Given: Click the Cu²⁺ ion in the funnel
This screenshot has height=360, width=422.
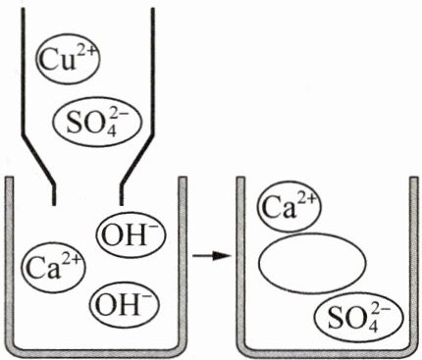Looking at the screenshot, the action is (68, 61).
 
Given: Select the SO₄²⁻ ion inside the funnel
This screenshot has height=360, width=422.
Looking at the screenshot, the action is (97, 123).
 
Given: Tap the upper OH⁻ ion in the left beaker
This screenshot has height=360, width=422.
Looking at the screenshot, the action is (131, 234).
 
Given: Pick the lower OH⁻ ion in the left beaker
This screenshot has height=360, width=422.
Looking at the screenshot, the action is (125, 304).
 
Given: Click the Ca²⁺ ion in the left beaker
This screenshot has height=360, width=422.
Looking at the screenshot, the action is (53, 267).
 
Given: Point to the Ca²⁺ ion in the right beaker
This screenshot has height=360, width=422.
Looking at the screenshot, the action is (290, 208).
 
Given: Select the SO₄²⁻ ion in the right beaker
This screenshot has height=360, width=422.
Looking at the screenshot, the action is (359, 318).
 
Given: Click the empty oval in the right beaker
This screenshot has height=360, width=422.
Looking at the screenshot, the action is (312, 263).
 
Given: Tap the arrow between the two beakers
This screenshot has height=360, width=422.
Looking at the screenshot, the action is (212, 256).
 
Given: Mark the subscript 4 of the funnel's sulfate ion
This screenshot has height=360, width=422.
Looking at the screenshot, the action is (111, 132).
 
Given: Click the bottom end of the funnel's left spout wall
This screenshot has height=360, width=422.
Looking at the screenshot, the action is (54, 205).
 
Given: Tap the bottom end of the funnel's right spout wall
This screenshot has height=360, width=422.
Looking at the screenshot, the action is (122, 205).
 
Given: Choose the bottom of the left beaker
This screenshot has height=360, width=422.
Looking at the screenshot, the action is (95, 353).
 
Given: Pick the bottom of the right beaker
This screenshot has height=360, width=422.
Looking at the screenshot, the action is (327, 353).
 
